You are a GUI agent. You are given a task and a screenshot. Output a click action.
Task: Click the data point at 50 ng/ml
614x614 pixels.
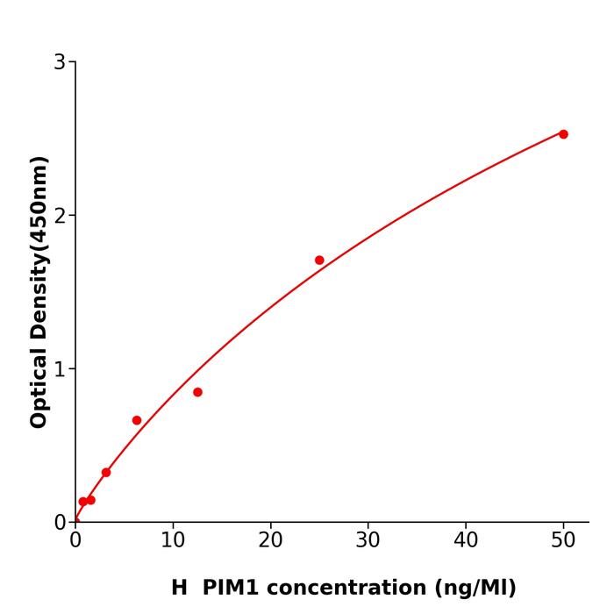point(563,134)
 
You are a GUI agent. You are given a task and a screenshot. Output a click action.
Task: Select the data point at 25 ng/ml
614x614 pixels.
point(319,261)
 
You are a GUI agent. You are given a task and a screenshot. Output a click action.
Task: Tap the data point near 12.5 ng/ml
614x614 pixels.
point(197,392)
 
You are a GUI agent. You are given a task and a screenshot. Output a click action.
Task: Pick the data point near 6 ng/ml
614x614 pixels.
point(137,420)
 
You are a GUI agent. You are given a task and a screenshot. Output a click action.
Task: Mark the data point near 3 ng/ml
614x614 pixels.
point(106,472)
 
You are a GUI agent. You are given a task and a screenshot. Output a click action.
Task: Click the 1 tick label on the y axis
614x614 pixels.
point(60,369)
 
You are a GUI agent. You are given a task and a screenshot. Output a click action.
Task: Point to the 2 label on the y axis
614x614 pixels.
point(60,216)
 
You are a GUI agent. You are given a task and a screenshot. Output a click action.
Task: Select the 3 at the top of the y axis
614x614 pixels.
point(60,62)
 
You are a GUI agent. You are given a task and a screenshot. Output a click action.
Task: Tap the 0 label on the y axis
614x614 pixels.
point(60,523)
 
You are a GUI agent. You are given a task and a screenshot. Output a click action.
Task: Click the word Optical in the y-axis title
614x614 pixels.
point(39,387)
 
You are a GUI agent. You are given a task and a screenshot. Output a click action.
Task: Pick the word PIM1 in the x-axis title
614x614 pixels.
point(230,588)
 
